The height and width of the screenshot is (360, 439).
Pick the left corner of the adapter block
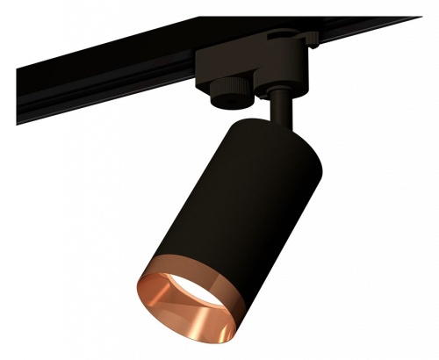tap(200, 61)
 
